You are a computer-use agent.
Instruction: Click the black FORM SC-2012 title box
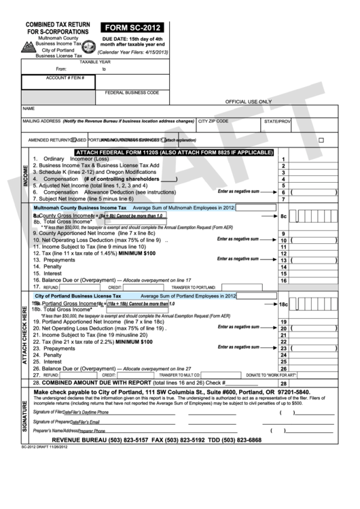point(131,28)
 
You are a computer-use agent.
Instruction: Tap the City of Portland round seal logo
point(88,48)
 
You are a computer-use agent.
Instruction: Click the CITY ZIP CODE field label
point(213,121)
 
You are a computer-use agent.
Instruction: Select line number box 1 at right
point(284,158)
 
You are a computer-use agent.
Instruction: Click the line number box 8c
point(284,216)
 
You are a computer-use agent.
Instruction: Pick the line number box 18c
point(284,305)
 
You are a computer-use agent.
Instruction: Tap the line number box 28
point(284,383)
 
